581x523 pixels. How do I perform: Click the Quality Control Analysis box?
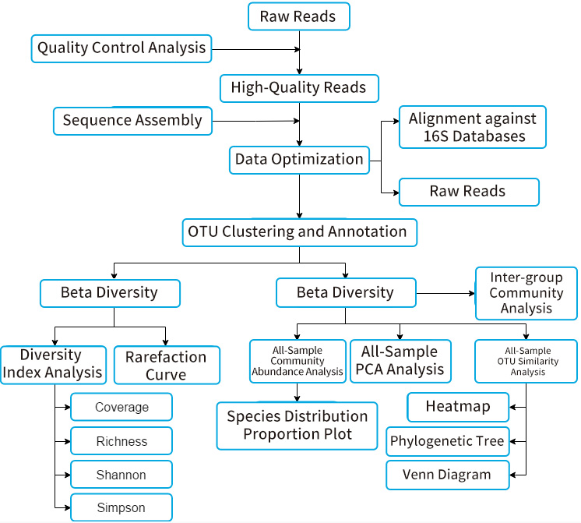click(121, 48)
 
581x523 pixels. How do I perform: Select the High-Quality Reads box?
click(298, 88)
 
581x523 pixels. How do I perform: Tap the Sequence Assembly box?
click(132, 121)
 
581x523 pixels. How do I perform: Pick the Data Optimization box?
click(299, 160)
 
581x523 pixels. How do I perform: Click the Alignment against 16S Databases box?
click(472, 127)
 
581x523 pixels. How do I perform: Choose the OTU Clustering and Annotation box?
click(299, 231)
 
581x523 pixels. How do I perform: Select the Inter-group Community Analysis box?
click(526, 293)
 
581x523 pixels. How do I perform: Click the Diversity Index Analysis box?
click(53, 364)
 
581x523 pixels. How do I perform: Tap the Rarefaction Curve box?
click(167, 366)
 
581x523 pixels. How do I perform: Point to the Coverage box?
click(121, 408)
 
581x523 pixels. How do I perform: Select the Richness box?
click(121, 441)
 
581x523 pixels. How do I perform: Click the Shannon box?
click(121, 475)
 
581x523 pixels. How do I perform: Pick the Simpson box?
click(121, 508)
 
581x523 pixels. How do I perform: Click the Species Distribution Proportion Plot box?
click(297, 426)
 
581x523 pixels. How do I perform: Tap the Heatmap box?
click(458, 407)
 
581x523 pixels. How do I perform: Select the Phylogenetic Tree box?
click(448, 441)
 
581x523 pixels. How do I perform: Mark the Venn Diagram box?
click(448, 475)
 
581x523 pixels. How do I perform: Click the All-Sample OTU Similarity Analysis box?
click(526, 361)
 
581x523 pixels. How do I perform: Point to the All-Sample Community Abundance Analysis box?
click(297, 361)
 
